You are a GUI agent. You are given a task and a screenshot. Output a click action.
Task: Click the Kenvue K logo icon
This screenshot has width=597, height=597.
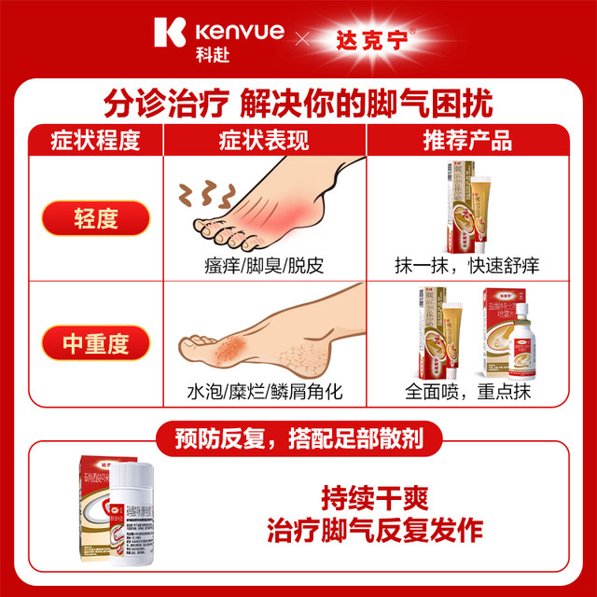coord(174,33)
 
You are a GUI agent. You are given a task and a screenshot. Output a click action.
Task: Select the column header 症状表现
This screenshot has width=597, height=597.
coord(264,141)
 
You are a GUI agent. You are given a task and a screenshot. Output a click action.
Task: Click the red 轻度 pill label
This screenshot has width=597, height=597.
coord(95,221)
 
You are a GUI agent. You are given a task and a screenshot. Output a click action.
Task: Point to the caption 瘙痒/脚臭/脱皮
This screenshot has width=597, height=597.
coord(263,265)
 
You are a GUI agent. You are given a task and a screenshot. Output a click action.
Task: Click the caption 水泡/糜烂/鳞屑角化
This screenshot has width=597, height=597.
coord(264,392)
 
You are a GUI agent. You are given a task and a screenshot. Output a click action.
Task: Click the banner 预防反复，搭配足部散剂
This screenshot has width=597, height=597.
coord(298,437)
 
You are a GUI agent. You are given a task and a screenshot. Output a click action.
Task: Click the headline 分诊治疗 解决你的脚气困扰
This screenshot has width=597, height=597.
coord(298,101)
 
